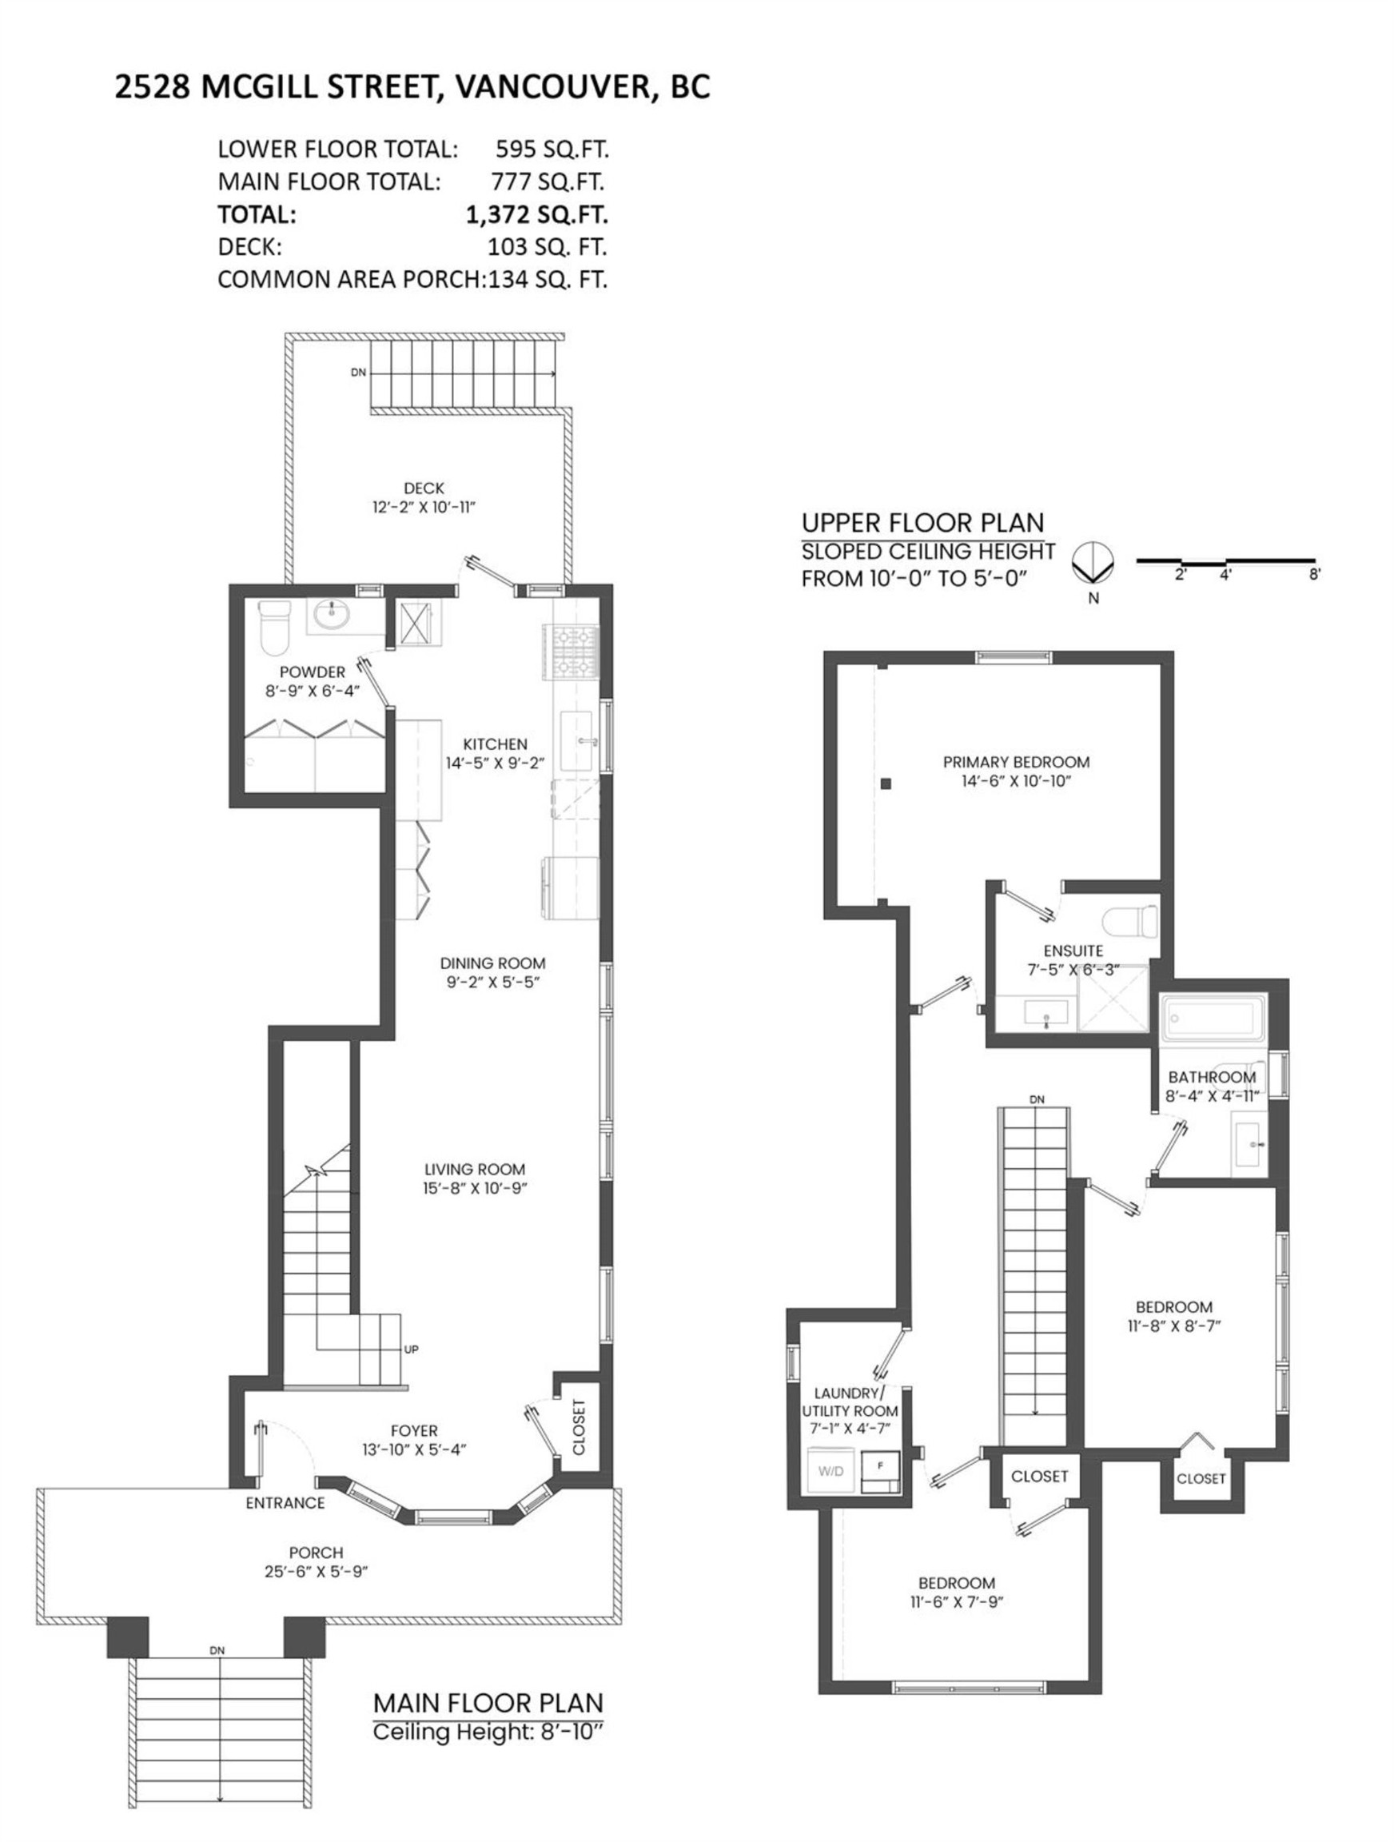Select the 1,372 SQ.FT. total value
click(536, 215)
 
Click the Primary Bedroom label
click(1015, 761)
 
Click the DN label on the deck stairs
click(358, 373)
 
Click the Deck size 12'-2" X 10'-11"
click(424, 507)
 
